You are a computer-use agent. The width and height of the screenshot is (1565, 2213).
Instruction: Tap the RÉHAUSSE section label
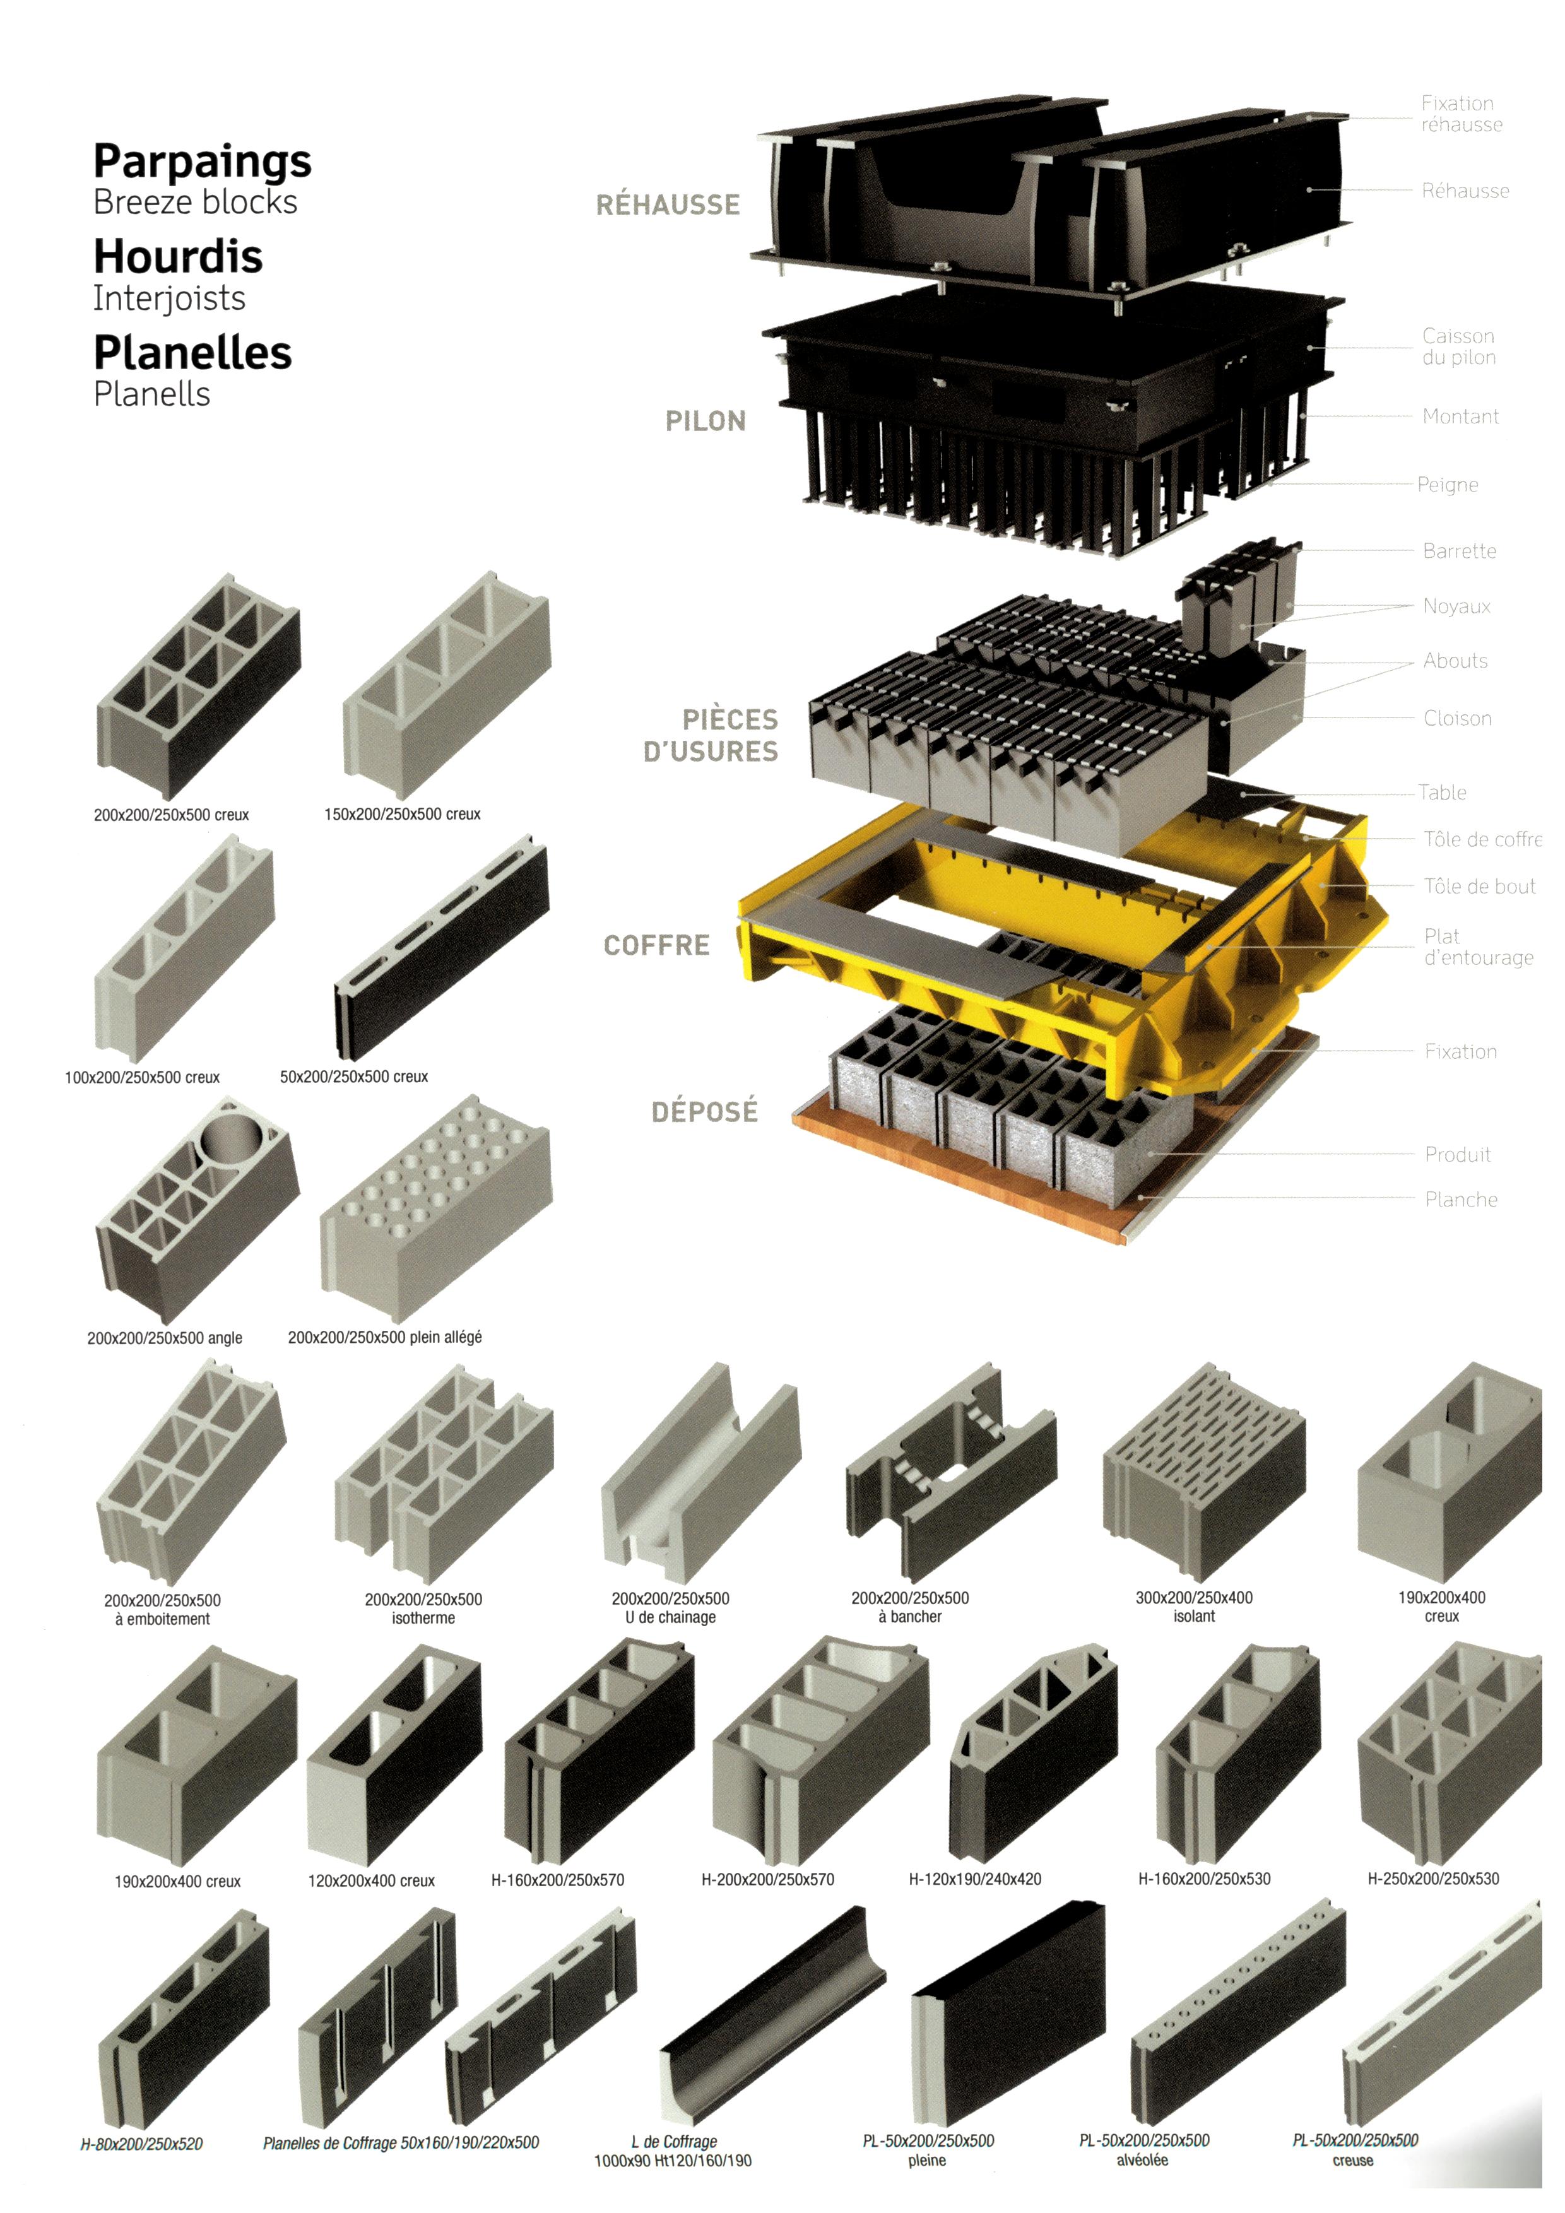(x=668, y=205)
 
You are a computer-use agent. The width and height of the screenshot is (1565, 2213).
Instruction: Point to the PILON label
(x=706, y=421)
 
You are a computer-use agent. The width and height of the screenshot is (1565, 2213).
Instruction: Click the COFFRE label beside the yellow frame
(x=656, y=945)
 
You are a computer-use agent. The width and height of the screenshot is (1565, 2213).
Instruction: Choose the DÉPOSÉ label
(x=704, y=1112)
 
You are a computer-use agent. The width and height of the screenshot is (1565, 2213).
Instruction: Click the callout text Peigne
(x=1448, y=485)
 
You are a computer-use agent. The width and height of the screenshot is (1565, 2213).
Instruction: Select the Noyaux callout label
(x=1456, y=606)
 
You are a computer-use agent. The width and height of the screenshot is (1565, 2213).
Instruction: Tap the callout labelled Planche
(x=1461, y=1200)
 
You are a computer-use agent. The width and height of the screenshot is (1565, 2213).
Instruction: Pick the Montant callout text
(x=1460, y=416)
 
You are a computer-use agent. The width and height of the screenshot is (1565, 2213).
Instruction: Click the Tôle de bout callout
(x=1479, y=887)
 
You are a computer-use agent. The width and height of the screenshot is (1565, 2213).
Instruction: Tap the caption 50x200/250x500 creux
(x=353, y=1077)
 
